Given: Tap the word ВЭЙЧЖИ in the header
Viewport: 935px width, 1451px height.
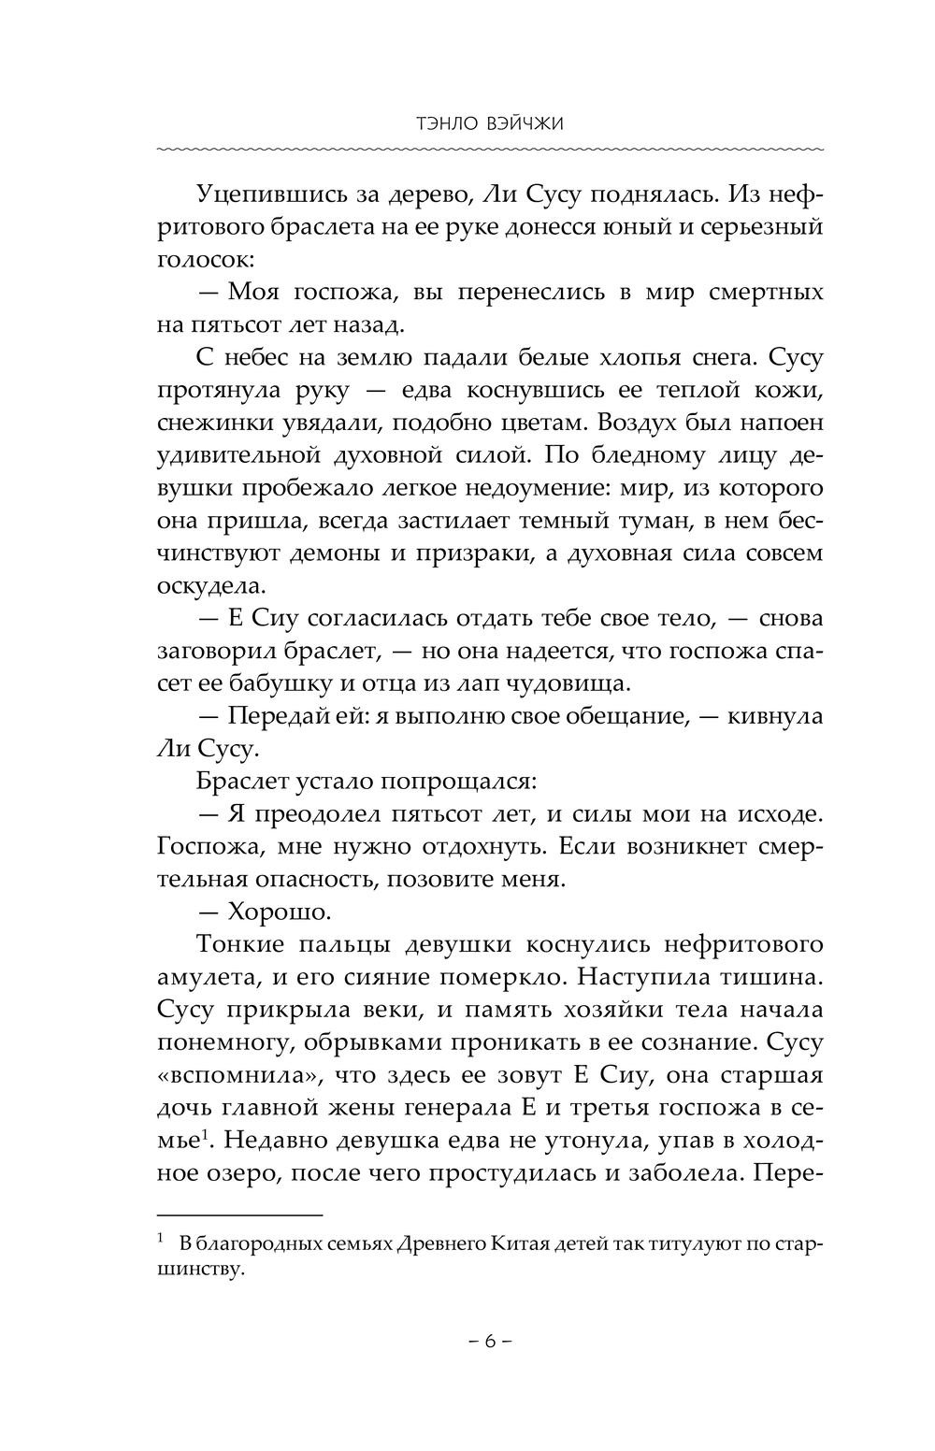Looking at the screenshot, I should pyautogui.click(x=510, y=123).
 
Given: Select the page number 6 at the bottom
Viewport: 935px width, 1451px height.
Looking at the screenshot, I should pyautogui.click(x=488, y=1341).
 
